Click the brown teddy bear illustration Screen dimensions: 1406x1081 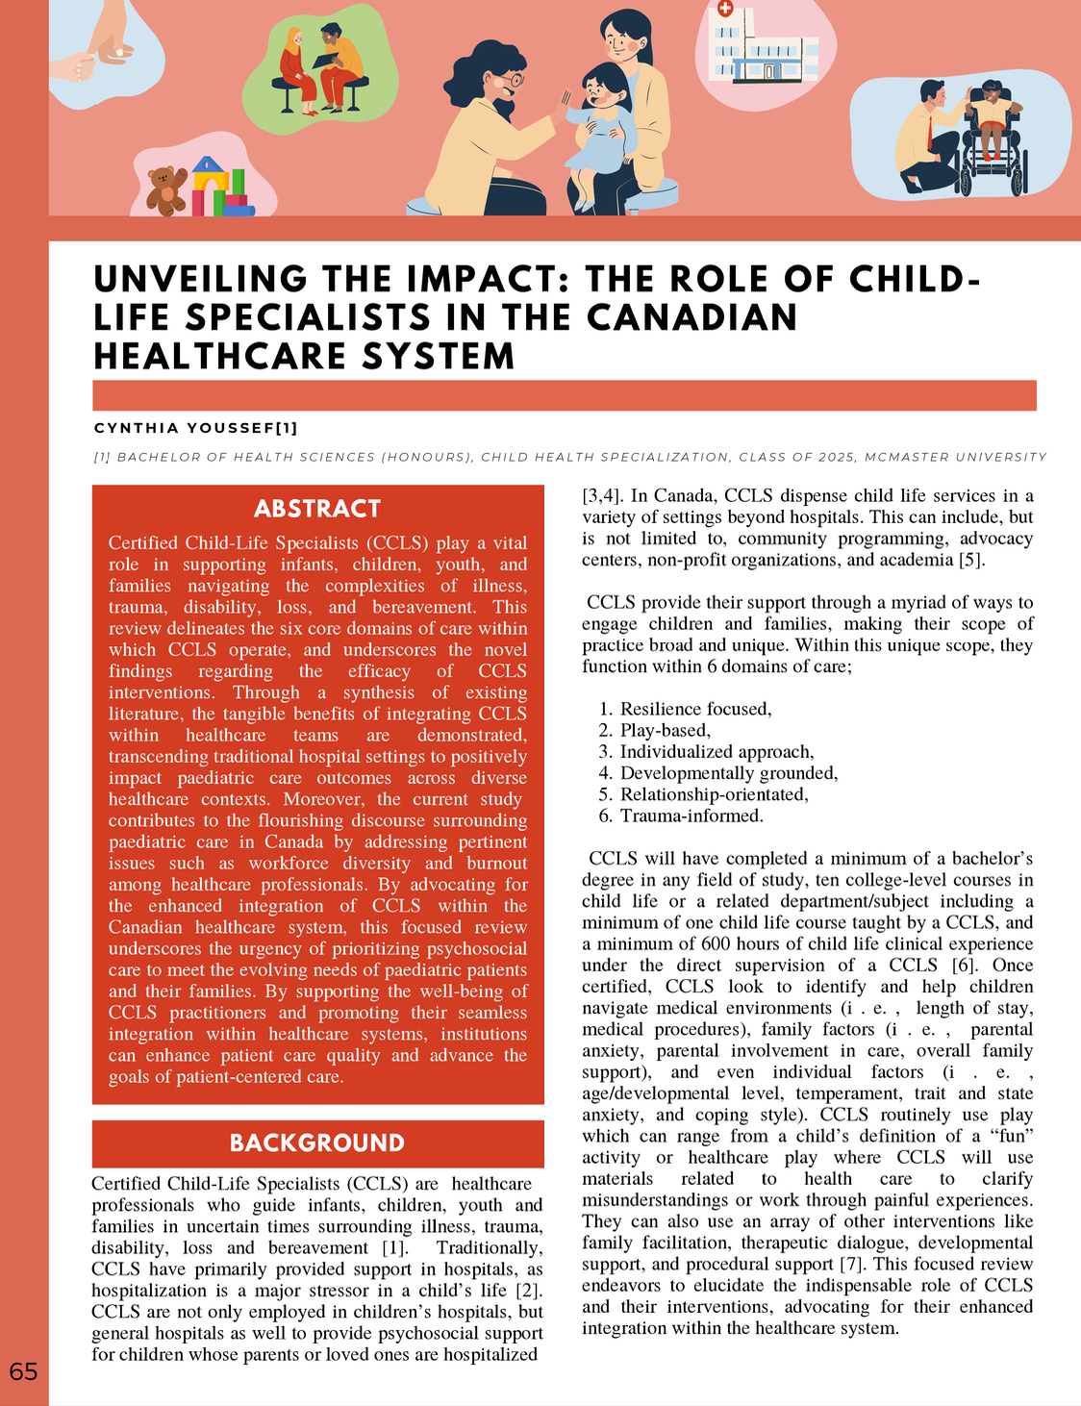(x=166, y=189)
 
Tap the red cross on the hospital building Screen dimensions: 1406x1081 (x=725, y=9)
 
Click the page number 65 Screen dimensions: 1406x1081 (x=23, y=1371)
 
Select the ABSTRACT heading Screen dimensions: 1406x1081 (x=317, y=509)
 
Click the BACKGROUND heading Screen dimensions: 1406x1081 (x=317, y=1142)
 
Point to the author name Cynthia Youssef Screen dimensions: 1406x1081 (x=195, y=428)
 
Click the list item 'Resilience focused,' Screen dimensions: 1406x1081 (x=695, y=709)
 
